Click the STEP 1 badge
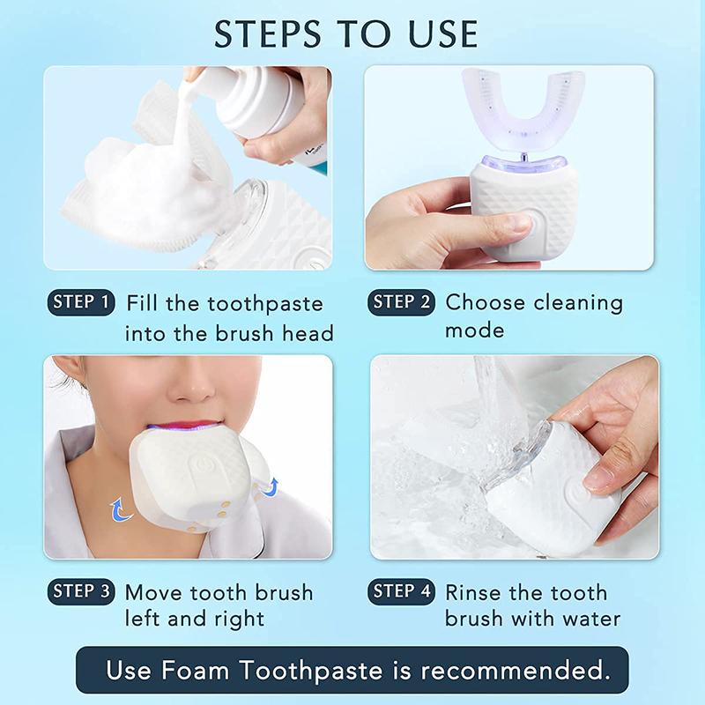[81, 303]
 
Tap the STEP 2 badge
[401, 303]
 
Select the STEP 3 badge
[81, 591]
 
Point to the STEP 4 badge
[401, 591]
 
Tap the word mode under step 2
[474, 331]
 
